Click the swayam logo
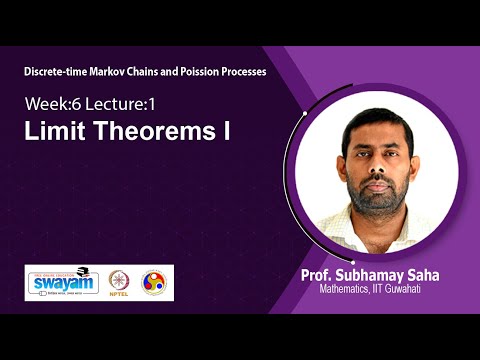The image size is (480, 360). pyautogui.click(x=62, y=282)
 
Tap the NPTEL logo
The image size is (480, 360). pyautogui.click(x=119, y=282)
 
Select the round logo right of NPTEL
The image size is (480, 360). pyautogui.click(x=153, y=281)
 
